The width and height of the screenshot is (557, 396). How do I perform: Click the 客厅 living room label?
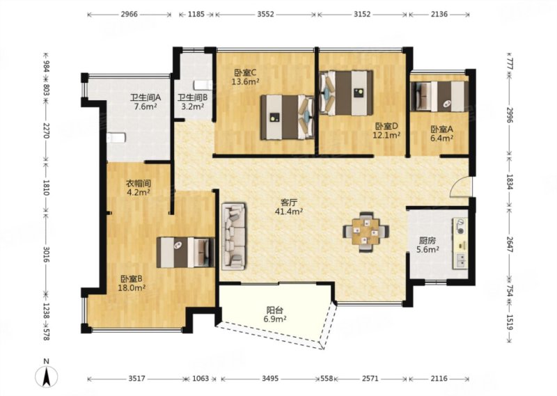coord(288,203)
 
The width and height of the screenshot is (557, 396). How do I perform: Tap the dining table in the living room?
coord(366,232)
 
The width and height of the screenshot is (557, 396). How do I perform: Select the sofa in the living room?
coord(233,237)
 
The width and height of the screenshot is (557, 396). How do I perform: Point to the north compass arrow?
coord(46,377)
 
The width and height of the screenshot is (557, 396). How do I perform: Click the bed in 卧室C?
coord(287,117)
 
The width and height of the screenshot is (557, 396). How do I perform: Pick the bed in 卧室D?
coord(346,93)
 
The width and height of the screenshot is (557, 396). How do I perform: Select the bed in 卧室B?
coord(185,252)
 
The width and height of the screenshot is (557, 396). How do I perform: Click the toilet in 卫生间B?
coord(203,85)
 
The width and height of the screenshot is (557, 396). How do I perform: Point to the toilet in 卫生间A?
coord(116,137)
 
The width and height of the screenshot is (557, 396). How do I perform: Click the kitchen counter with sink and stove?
coord(460,244)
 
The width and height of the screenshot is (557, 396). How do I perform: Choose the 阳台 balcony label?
coord(275,310)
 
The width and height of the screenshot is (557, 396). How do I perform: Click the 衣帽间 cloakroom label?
coord(139,184)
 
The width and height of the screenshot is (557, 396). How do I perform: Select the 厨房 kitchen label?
coord(427,241)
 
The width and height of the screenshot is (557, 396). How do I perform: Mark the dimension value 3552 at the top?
coord(265,14)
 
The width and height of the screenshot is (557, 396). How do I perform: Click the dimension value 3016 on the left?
coord(46,254)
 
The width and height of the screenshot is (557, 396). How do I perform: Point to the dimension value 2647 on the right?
coord(510,244)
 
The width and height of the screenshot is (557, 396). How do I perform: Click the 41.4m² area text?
coord(288,212)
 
